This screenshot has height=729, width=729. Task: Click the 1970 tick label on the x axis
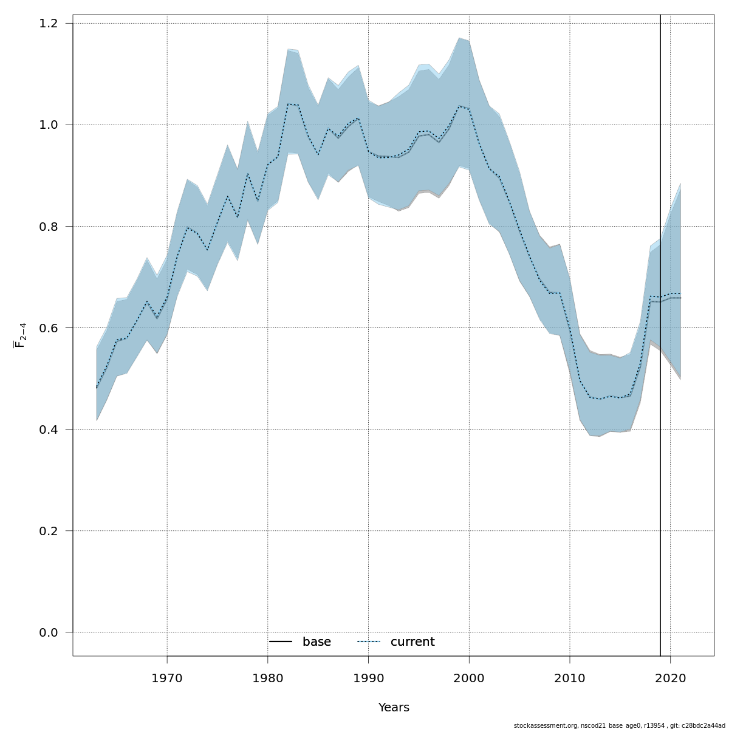coord(167,677)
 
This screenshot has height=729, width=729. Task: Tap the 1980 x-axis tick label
coord(268,677)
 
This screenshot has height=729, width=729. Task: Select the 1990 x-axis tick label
coord(368,677)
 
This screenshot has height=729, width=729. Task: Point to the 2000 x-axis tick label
coord(469,677)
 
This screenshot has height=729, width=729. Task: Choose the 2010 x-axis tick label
coord(570,677)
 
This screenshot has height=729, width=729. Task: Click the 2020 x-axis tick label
coord(670,677)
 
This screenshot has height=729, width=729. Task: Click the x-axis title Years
coord(394,708)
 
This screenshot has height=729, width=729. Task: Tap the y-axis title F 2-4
coord(20,335)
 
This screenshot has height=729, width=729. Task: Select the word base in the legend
coord(317,642)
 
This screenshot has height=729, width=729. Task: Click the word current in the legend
coord(412,642)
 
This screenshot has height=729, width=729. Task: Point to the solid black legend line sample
coord(281,642)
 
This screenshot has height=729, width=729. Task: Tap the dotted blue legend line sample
coord(369,642)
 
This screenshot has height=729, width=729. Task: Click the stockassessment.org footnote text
coord(619,725)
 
